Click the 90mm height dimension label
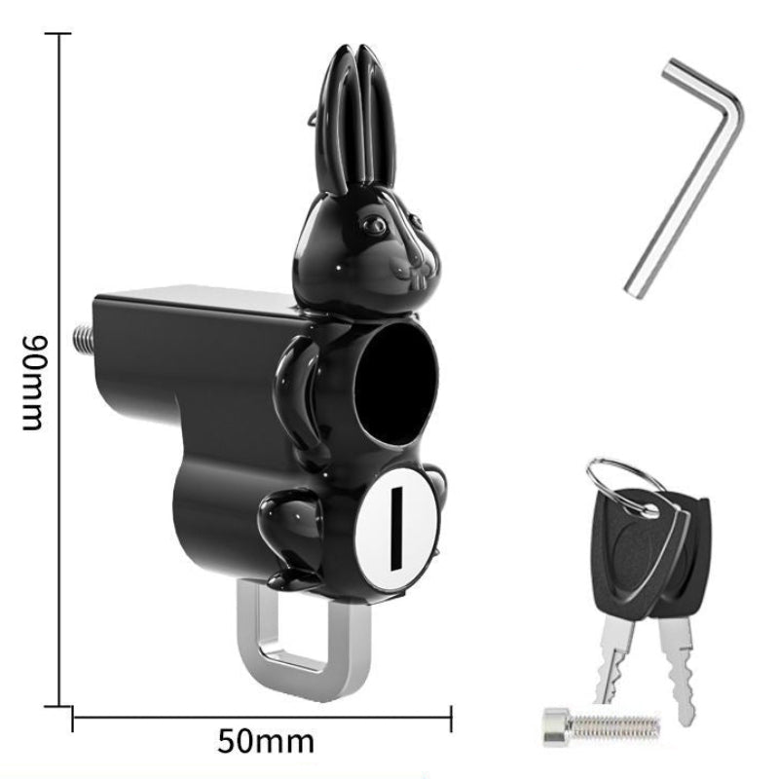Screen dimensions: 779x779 (x=35, y=383)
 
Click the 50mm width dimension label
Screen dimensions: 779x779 (x=266, y=742)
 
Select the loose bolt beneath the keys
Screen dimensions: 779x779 (x=602, y=726)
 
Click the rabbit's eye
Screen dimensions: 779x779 (x=374, y=225)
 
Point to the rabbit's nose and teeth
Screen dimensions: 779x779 (x=415, y=271)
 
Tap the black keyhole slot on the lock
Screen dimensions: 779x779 (x=396, y=529)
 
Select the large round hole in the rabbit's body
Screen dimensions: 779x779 (x=397, y=384)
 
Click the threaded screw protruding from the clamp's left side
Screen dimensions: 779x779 (x=84, y=338)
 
